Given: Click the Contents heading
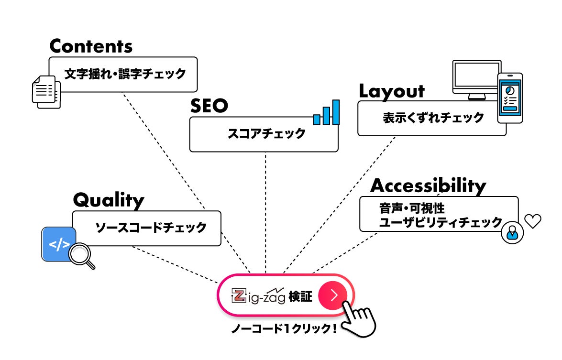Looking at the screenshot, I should pyautogui.click(x=90, y=46).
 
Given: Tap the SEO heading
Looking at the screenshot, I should pyautogui.click(x=209, y=106).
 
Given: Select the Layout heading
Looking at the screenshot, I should pyautogui.click(x=391, y=91).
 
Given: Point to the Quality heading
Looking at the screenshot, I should pyautogui.click(x=108, y=200).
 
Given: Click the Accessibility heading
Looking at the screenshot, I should pyautogui.click(x=428, y=185).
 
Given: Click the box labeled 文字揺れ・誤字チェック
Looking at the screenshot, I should pyautogui.click(x=123, y=74).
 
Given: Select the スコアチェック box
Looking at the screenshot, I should pyautogui.click(x=264, y=134).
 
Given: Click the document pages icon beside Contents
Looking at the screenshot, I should pyautogui.click(x=46, y=91).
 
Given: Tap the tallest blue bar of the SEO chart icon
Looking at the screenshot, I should pyautogui.click(x=336, y=112).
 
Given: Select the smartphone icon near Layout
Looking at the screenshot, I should pyautogui.click(x=509, y=98).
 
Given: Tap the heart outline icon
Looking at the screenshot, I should pyautogui.click(x=532, y=220).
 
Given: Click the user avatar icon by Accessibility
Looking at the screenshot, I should pyautogui.click(x=512, y=233).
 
